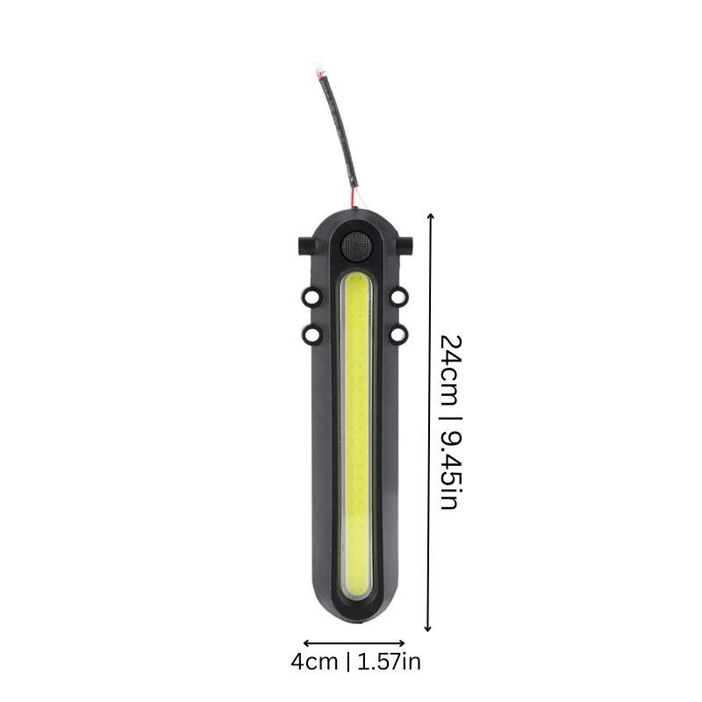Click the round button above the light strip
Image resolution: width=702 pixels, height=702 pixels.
[355, 247]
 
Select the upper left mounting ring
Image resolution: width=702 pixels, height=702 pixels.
[312, 298]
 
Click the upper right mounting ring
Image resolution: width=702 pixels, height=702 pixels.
[399, 298]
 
